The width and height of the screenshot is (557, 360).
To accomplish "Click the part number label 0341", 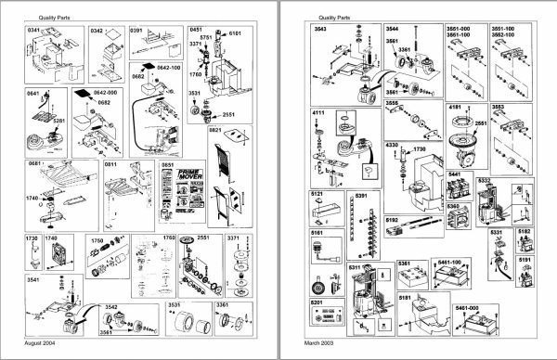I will click(x=34, y=30).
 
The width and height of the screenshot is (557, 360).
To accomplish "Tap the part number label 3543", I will click(x=320, y=30).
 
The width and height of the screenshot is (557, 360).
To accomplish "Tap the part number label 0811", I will click(x=110, y=164).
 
